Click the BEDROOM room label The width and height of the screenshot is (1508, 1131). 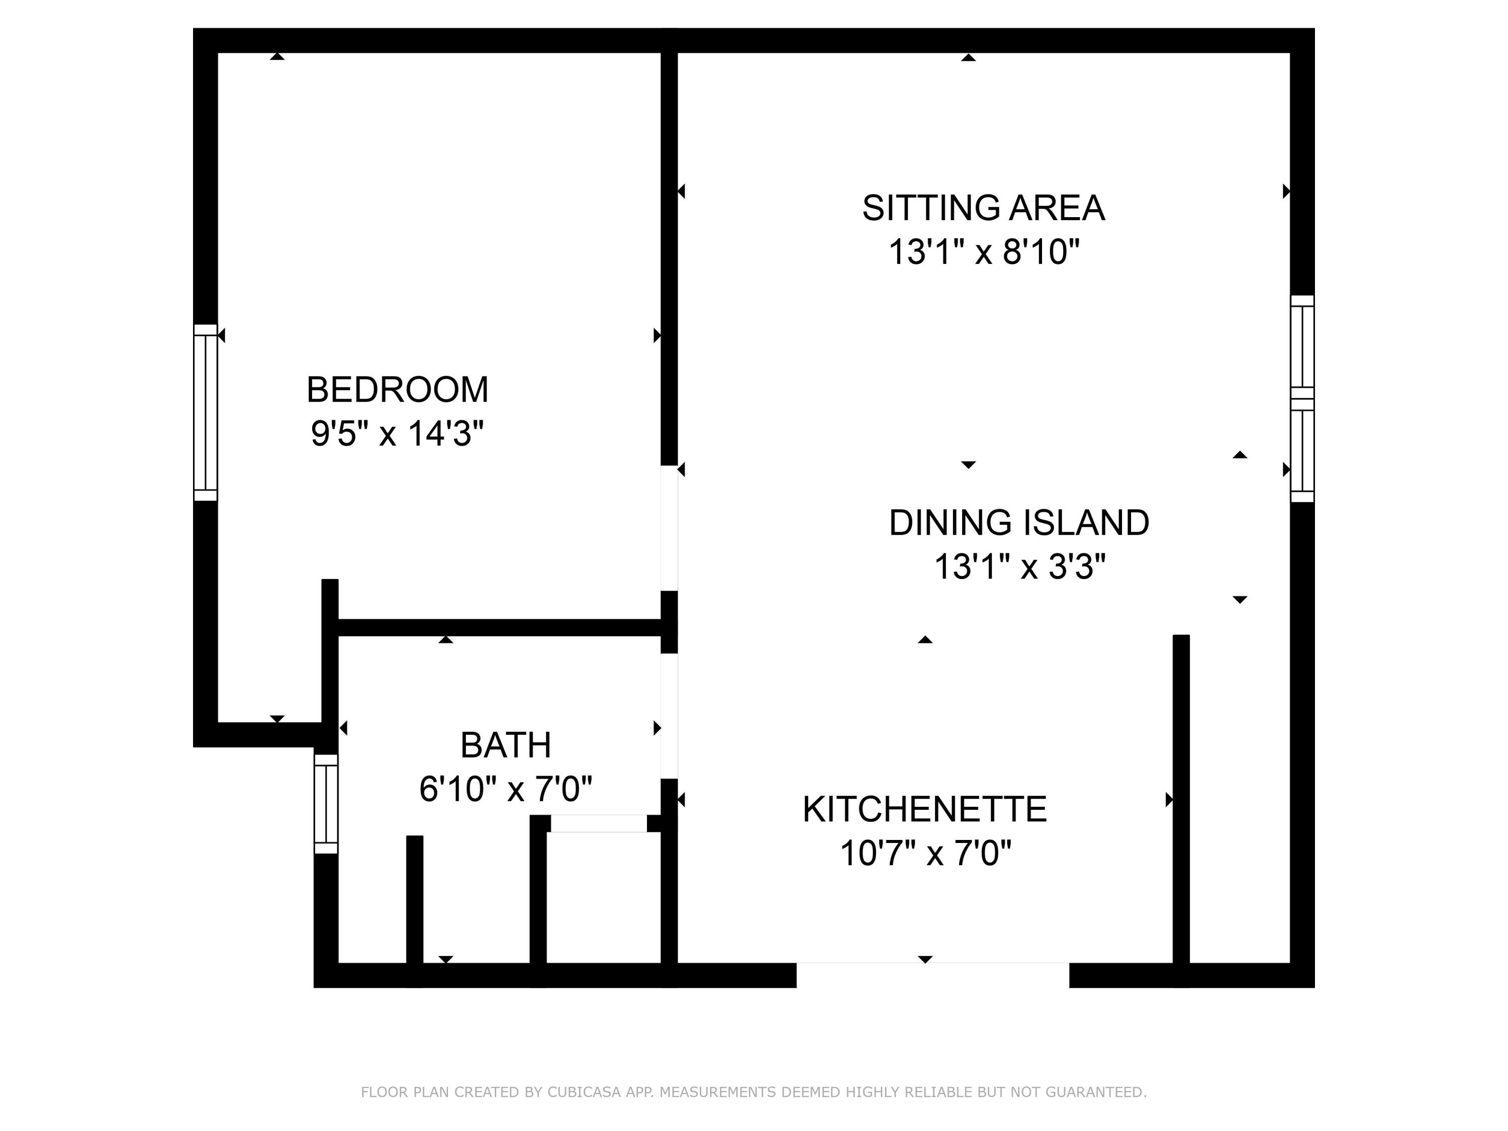(398, 390)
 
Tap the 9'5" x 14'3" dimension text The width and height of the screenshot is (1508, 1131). (398, 434)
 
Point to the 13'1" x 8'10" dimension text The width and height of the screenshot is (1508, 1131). (984, 252)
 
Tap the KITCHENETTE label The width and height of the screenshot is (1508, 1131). (924, 809)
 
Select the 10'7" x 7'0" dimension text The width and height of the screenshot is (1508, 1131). (925, 853)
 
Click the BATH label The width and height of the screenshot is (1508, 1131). (505, 745)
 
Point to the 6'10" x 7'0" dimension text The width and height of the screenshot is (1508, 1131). (505, 789)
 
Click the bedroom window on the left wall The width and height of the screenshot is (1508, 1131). (205, 413)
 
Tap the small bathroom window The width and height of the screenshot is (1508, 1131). (326, 804)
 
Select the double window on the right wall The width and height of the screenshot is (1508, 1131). (1301, 399)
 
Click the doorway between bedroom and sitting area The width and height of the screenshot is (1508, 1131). (669, 528)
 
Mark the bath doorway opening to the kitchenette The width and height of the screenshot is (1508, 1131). (669, 716)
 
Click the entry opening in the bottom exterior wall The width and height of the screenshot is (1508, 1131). (932, 975)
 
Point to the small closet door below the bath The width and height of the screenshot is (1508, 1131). (599, 823)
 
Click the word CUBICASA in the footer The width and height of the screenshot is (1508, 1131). (583, 1092)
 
